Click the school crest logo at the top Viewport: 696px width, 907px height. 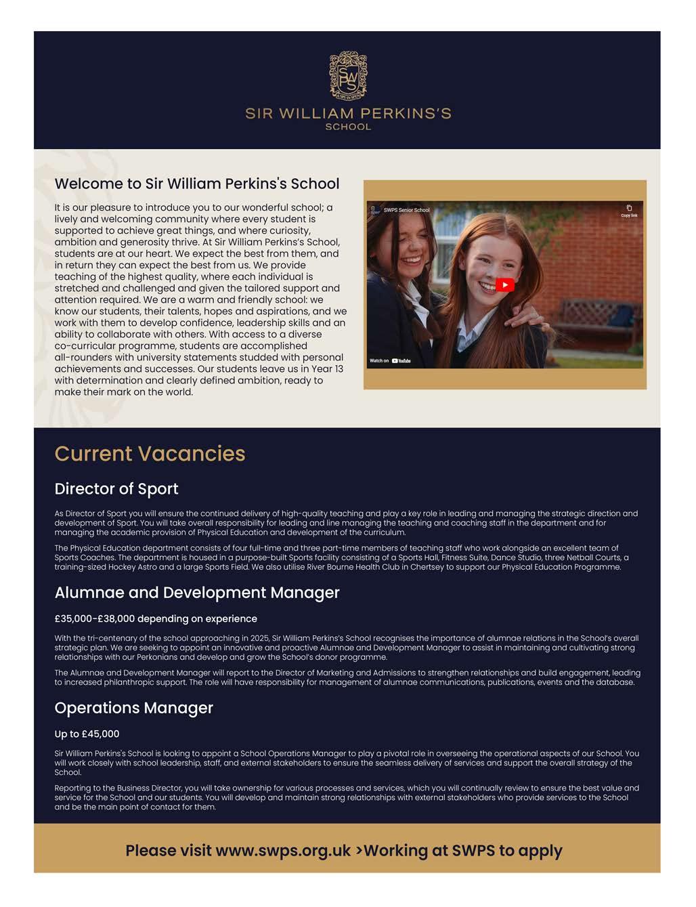(348, 75)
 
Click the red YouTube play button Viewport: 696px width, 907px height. (504, 285)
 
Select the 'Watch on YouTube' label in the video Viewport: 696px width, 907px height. (390, 361)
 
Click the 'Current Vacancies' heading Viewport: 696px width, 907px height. (150, 454)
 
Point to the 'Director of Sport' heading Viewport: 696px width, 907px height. (116, 489)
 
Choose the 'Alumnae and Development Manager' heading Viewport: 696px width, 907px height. (197, 593)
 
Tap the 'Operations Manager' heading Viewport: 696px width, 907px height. (134, 708)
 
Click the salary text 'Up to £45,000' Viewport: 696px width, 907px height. (87, 734)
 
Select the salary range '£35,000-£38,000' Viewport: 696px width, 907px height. (95, 619)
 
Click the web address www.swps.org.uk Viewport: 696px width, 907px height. (283, 851)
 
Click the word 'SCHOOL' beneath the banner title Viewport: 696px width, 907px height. (348, 127)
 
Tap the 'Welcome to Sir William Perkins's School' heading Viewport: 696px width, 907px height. (197, 184)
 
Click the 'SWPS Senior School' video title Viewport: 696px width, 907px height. (406, 210)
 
